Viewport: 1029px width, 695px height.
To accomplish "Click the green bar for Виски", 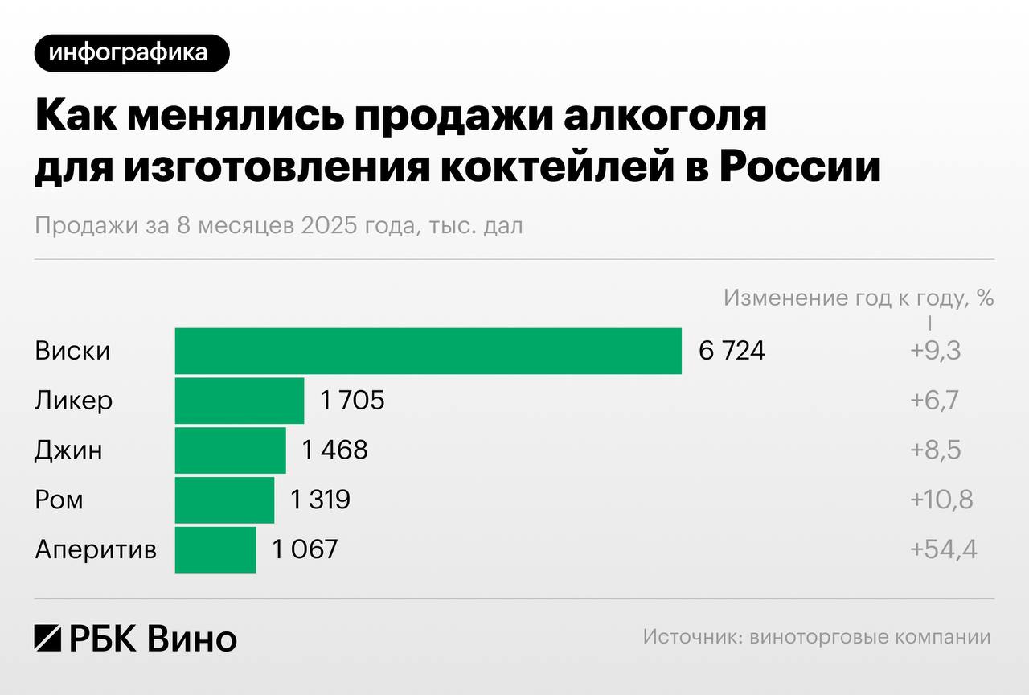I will click(428, 352).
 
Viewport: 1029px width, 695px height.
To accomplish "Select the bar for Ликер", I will click(240, 401).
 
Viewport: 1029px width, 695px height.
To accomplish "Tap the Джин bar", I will click(230, 450).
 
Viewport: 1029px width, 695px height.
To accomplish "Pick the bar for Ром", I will click(224, 500).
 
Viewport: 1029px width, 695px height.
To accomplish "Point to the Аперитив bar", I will click(215, 550).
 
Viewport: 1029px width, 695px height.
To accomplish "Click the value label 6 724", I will click(732, 352).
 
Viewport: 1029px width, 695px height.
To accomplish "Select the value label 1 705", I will click(353, 401).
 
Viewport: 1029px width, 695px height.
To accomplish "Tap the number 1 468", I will click(334, 450).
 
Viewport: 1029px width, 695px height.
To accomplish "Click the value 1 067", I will click(305, 550).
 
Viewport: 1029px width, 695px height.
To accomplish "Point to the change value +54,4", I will click(943, 550).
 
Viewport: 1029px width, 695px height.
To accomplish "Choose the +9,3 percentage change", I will click(935, 352).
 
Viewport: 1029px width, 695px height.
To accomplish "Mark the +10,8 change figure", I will click(941, 500).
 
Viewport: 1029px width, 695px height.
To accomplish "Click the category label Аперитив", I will click(96, 551).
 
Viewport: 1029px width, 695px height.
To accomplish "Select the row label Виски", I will click(72, 352).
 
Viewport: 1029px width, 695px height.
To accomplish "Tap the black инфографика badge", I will click(132, 53).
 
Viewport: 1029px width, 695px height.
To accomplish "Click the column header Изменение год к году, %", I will click(859, 298).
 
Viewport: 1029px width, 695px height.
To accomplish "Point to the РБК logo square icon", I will click(47, 638).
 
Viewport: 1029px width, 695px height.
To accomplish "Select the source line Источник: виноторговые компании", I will click(817, 638).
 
